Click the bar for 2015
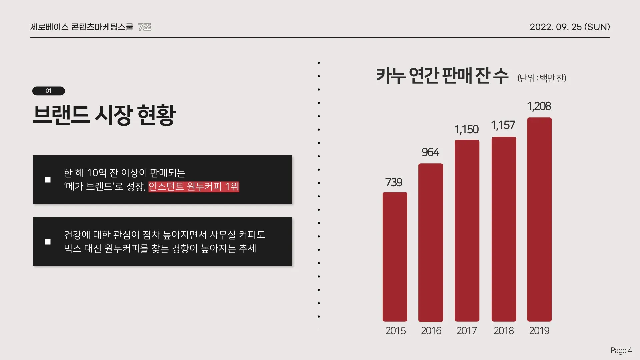pos(395,257)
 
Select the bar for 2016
pos(430,242)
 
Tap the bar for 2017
pos(467,230)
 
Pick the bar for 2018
pos(504,229)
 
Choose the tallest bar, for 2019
pos(539,219)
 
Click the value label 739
pos(394,182)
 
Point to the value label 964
pos(430,152)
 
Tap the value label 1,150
pos(466,129)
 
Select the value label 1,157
pos(503,125)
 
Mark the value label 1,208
pos(539,106)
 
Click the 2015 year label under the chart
pos(395,331)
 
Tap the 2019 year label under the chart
pos(539,331)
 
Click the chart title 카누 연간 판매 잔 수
pos(442,76)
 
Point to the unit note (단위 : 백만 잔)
pos(542,78)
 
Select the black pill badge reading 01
pos(48,91)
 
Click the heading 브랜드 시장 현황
pos(104,115)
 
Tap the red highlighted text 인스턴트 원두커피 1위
pos(194,186)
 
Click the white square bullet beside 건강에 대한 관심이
pos(48,242)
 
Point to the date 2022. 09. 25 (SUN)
pos(570,27)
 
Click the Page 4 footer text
pos(621,350)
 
